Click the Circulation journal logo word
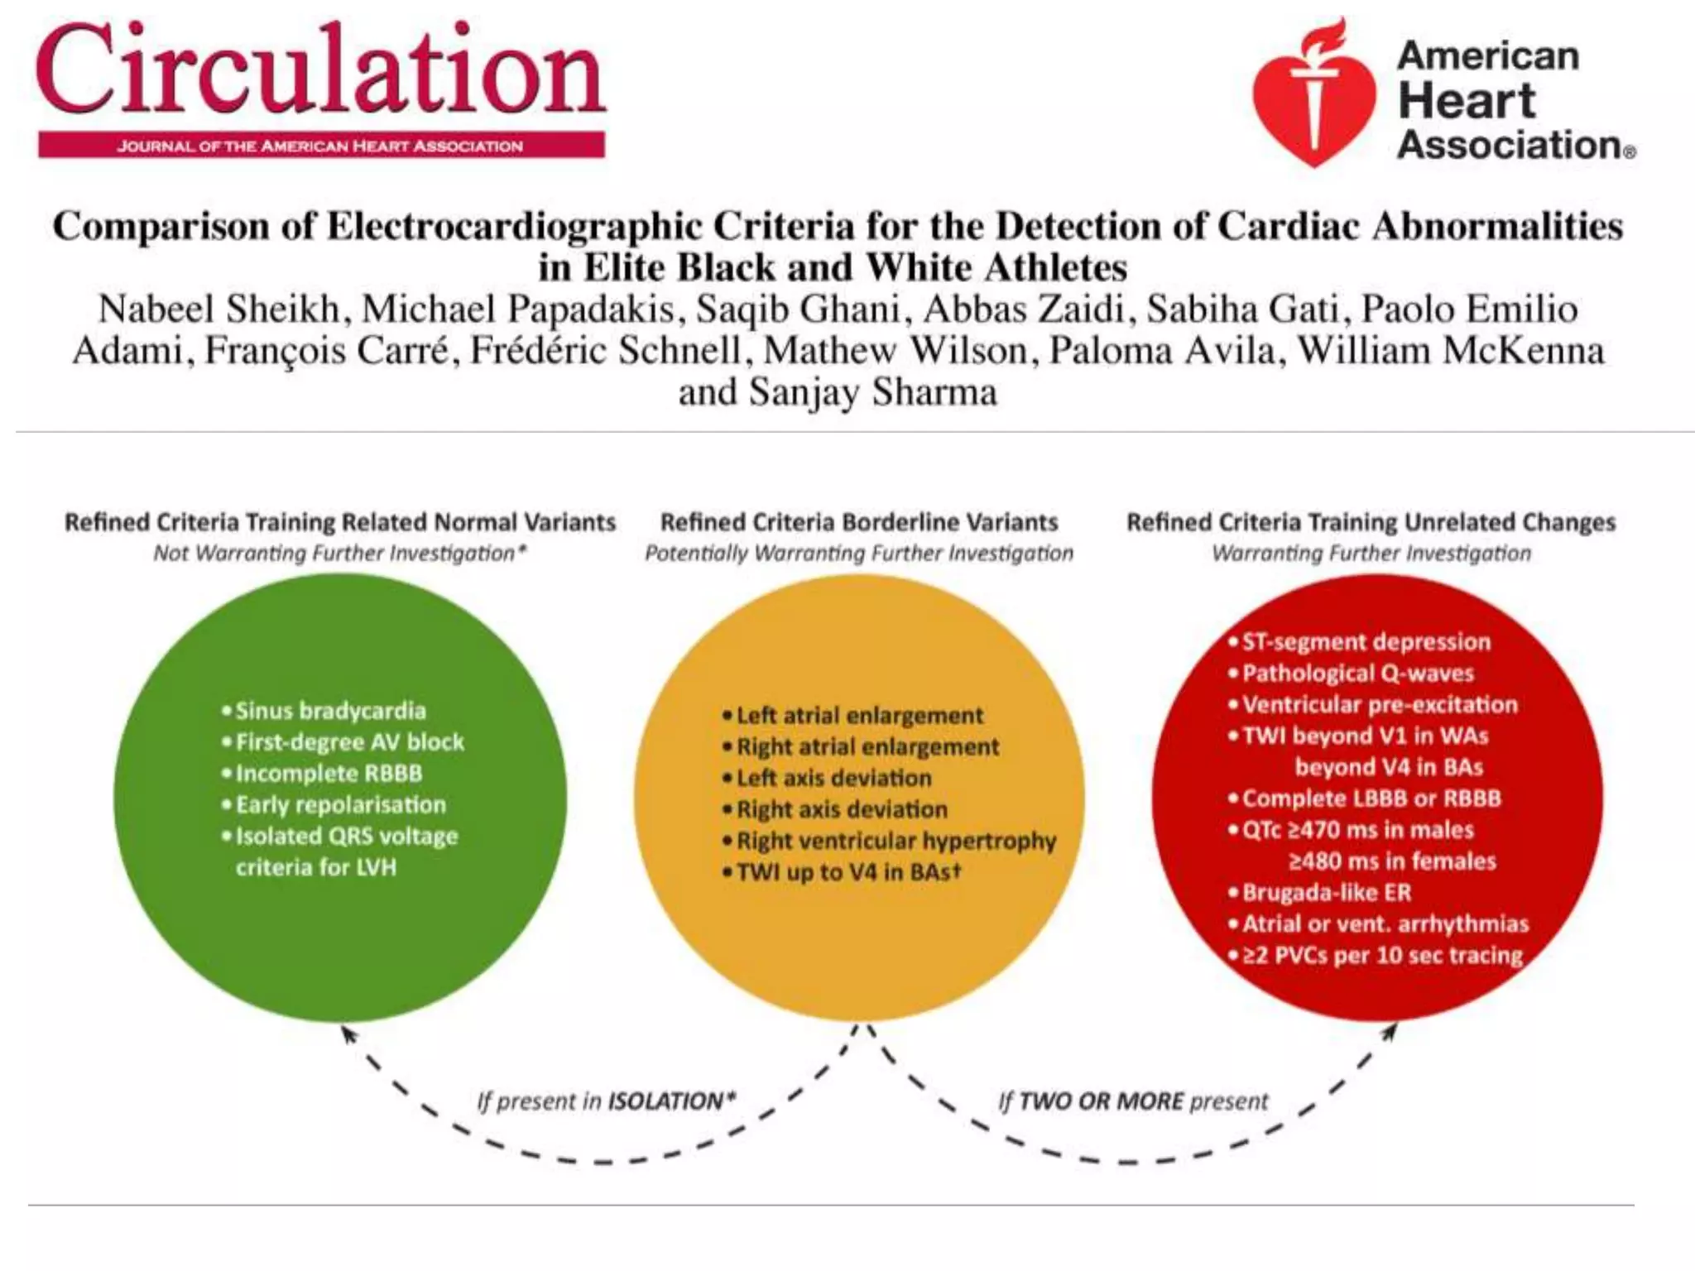pos(321,70)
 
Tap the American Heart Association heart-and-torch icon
pos(1314,93)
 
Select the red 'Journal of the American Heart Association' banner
pos(321,146)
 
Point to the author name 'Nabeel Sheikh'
pos(218,309)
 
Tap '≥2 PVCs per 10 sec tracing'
pos(1381,956)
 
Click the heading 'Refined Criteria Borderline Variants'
pos(859,523)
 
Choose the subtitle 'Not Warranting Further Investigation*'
pos(340,554)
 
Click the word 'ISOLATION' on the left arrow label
pos(665,1101)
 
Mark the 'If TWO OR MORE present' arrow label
pos(1133,1101)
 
